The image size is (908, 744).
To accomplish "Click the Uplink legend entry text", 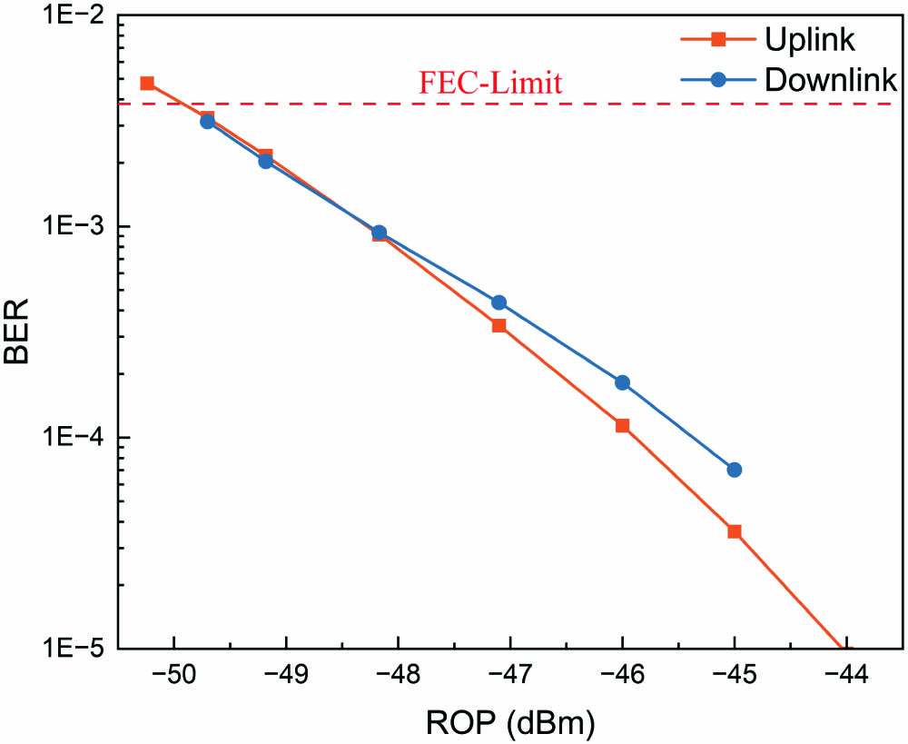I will pos(810,39).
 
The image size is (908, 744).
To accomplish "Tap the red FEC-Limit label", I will pos(490,84).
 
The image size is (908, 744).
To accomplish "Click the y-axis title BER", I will pos(18,332).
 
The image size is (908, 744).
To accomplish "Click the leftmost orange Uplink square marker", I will pos(147,83).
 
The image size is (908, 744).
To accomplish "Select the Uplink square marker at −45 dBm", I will pos(735,531).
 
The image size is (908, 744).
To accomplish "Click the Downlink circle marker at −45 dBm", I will pos(735,470).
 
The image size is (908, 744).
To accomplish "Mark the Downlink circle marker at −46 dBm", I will pos(622,382).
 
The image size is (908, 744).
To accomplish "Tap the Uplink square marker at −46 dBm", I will pos(622,425).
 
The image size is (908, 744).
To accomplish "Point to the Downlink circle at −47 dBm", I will pos(498,303).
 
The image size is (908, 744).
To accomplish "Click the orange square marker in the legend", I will pos(717,39).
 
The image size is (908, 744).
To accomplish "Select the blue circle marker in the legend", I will pos(717,79).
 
